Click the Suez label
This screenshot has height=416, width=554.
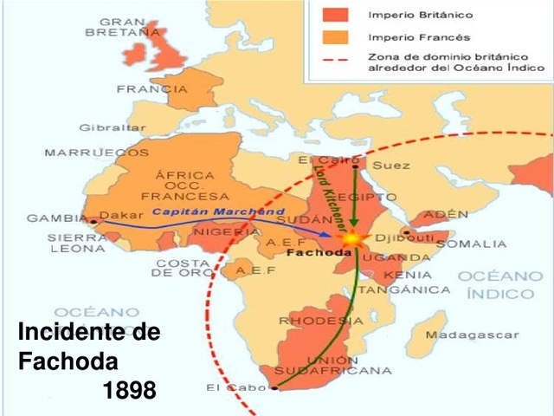(x=390, y=165)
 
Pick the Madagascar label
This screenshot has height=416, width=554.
(x=484, y=335)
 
